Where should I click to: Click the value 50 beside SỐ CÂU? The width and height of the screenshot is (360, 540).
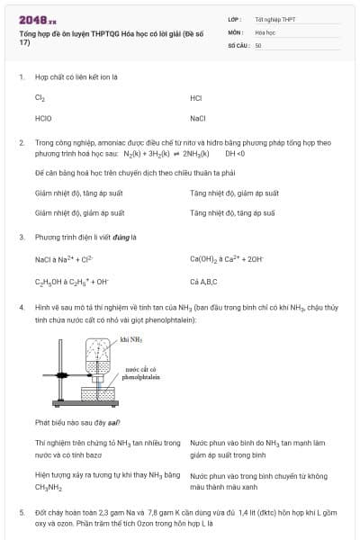pyautogui.click(x=258, y=45)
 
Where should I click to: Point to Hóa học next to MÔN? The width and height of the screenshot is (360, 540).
pyautogui.click(x=265, y=31)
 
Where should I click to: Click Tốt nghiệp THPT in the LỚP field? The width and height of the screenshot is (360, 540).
pyautogui.click(x=274, y=19)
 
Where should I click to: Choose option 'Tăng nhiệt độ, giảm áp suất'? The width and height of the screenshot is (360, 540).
pyautogui.click(x=234, y=193)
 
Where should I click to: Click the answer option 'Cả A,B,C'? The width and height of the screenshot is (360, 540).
pyautogui.click(x=205, y=281)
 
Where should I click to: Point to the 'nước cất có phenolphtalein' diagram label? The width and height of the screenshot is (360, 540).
pyautogui.click(x=142, y=373)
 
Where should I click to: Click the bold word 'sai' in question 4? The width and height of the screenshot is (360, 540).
pyautogui.click(x=114, y=422)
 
